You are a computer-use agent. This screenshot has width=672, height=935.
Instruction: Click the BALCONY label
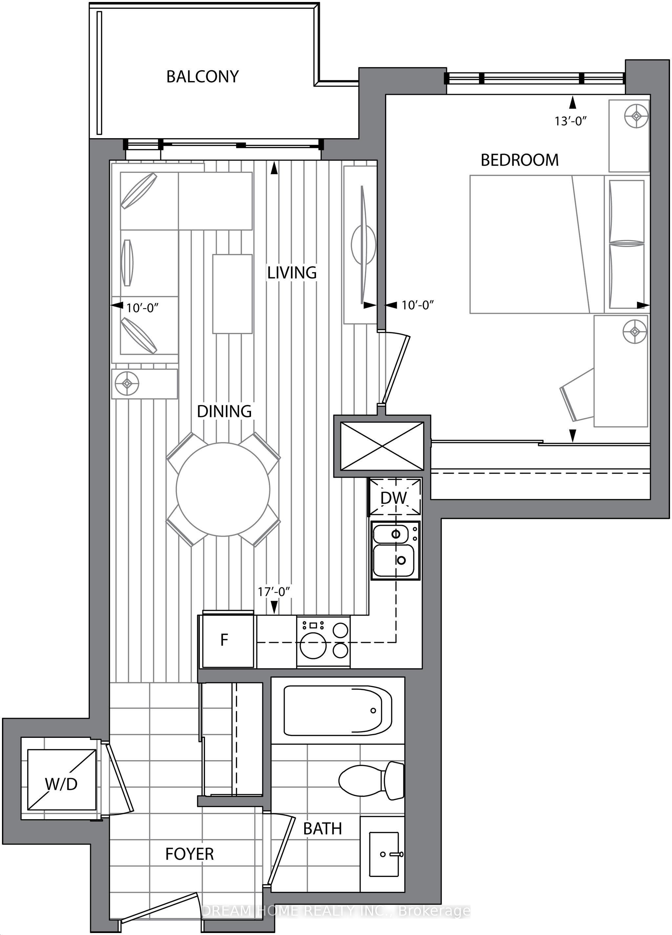(202, 77)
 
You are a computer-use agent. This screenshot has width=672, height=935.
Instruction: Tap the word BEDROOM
(519, 160)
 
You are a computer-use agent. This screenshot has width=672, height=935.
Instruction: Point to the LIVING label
(292, 273)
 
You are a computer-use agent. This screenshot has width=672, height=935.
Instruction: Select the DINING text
(224, 411)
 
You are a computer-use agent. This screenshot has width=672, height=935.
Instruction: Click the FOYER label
(190, 854)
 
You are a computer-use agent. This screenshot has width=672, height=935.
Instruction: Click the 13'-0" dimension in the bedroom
(571, 121)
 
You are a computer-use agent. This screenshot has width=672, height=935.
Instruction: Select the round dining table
(223, 489)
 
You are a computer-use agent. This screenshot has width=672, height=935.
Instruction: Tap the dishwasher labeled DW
(394, 497)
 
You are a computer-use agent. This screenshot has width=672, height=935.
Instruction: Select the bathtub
(338, 710)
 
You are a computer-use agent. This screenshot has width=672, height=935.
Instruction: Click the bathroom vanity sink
(384, 854)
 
